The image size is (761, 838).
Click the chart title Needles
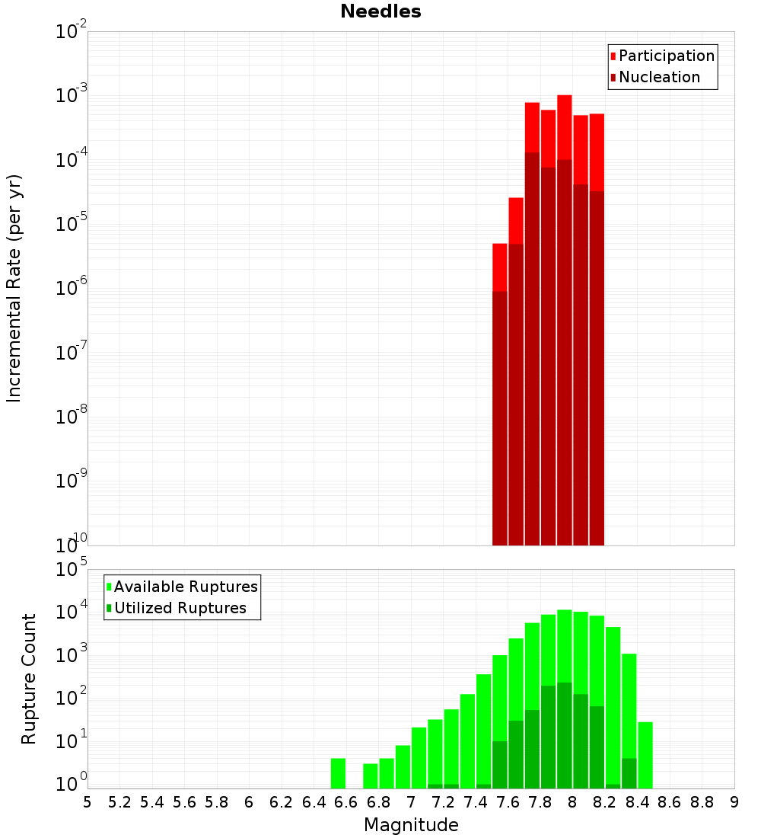tap(380, 11)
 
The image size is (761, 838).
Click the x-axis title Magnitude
tap(411, 825)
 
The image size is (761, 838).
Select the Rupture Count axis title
tap(29, 679)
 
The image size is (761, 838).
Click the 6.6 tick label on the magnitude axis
tap(346, 802)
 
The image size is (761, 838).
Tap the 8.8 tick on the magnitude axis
tap(702, 802)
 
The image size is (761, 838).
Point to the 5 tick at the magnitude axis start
tap(88, 802)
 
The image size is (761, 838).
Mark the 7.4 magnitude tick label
tap(476, 802)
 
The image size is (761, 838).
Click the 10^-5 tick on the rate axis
tap(72, 225)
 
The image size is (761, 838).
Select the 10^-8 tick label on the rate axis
tap(72, 417)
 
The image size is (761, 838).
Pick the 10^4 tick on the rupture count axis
tap(72, 612)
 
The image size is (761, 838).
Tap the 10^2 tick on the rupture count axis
tap(72, 698)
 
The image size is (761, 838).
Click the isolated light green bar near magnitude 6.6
tap(339, 773)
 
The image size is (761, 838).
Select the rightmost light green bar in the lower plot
tap(645, 755)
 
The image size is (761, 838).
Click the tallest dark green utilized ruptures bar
tap(565, 735)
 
